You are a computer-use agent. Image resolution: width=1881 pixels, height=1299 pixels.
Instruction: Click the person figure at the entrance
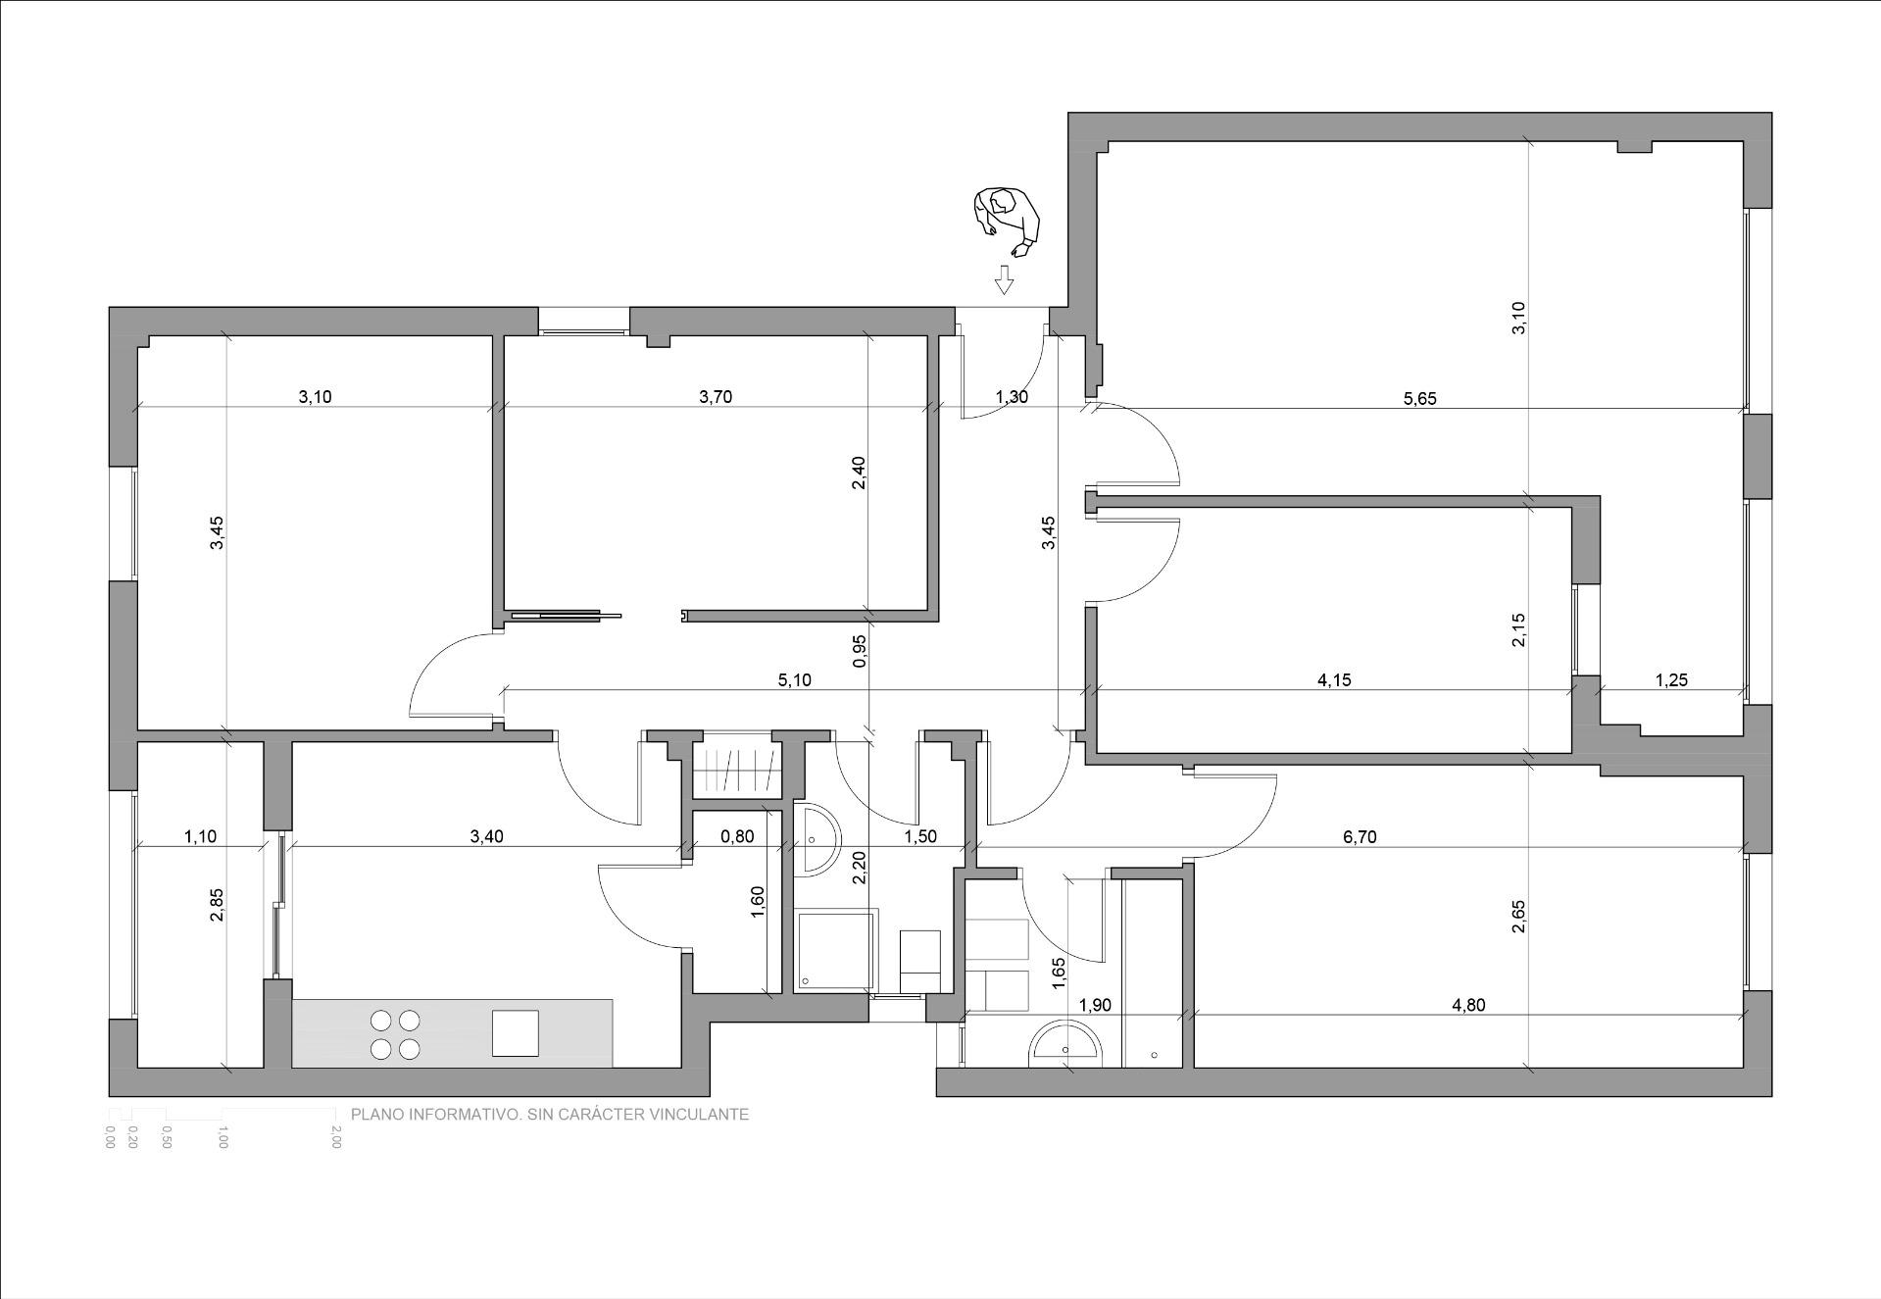tap(1006, 222)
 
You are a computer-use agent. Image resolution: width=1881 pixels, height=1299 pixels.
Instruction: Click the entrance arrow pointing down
tap(1003, 279)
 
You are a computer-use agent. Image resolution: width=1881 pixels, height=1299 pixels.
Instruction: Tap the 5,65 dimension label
tap(1419, 398)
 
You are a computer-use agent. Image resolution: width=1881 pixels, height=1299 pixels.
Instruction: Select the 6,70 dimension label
tap(1360, 836)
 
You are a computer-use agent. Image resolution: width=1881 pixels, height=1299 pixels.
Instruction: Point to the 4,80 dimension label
tap(1468, 1005)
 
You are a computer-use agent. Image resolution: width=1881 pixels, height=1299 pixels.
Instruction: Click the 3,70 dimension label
tap(716, 397)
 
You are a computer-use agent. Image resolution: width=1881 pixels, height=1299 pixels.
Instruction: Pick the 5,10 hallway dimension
tap(794, 679)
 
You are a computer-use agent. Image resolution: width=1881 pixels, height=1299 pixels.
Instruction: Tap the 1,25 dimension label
tap(1671, 679)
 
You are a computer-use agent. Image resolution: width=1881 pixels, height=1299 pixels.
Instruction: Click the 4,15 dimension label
tap(1334, 679)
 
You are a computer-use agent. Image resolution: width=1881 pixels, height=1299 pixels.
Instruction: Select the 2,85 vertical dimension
tap(217, 904)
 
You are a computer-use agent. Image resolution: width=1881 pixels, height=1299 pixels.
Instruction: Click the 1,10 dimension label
tap(200, 836)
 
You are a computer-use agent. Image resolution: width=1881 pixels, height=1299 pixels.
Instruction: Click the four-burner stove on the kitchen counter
tap(395, 1034)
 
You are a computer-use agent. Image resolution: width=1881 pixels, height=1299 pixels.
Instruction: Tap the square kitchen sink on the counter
tap(516, 1033)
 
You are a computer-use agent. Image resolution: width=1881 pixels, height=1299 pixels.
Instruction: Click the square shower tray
tap(836, 948)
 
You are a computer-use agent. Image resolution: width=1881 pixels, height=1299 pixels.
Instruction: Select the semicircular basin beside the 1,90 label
tap(1066, 1045)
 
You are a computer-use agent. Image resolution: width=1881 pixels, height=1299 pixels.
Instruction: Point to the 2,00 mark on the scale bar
tap(336, 1137)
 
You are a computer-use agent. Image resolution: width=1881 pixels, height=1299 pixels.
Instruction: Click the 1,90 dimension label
tap(1094, 1005)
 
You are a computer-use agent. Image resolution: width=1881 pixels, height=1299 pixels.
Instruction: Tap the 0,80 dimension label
tap(737, 836)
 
